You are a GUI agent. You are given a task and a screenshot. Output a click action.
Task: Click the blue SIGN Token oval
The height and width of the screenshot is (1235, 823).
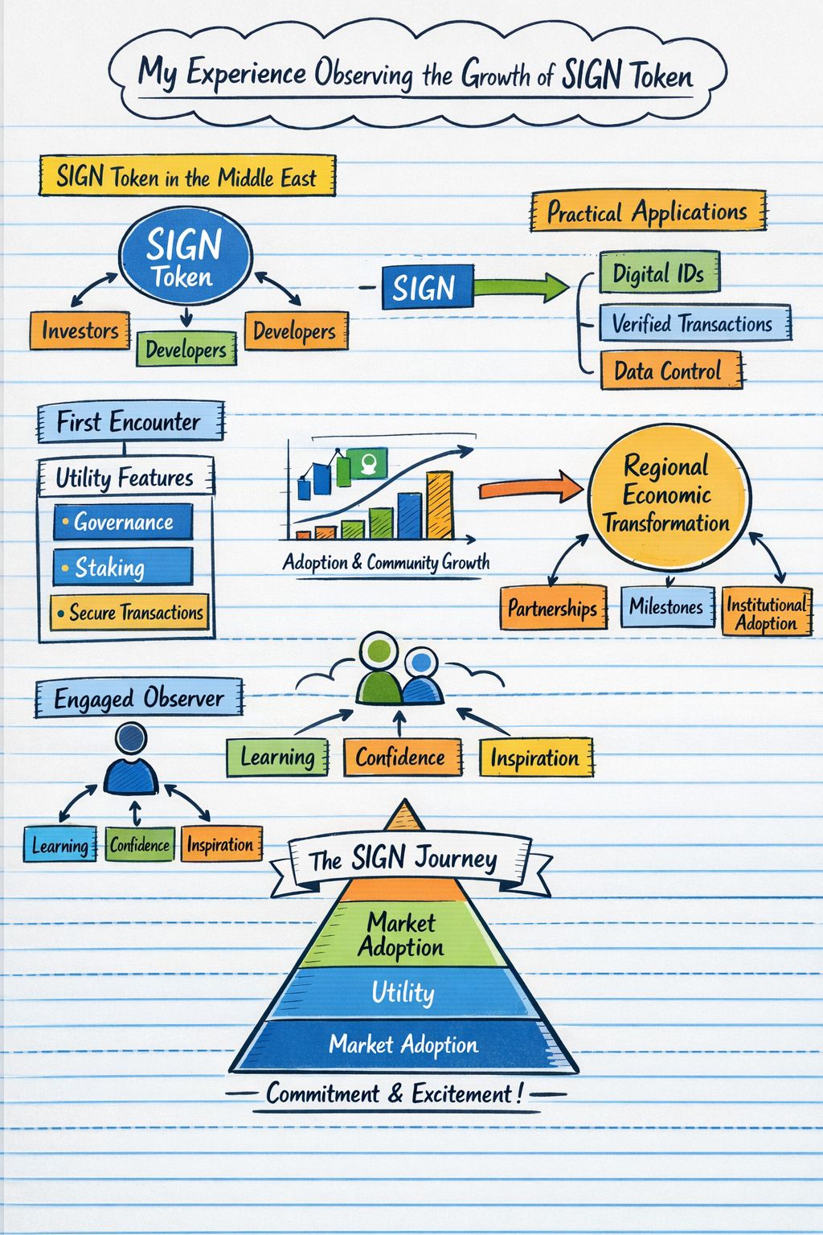coord(185,256)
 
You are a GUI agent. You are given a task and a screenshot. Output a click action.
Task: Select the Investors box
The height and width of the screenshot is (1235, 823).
coord(80,330)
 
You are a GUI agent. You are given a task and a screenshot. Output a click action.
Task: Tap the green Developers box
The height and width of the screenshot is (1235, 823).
coord(186,349)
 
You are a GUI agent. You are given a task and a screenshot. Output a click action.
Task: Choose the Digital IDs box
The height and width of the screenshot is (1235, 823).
coord(659,273)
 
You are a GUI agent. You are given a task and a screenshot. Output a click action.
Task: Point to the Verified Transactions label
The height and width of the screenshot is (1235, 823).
coord(693,323)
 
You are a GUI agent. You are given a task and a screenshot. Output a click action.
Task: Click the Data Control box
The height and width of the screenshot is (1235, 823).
coord(668,371)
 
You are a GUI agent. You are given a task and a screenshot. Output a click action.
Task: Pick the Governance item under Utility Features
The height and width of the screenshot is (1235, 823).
coord(123,522)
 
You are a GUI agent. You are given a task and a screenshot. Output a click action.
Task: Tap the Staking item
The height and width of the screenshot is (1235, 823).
coord(123,568)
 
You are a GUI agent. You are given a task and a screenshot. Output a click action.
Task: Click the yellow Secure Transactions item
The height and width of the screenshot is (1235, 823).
coord(129,612)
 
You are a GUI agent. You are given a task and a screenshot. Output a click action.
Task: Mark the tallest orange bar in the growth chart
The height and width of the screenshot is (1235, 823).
coord(439,505)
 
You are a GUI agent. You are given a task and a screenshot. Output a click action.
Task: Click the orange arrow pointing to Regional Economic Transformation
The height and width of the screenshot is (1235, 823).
coord(530,488)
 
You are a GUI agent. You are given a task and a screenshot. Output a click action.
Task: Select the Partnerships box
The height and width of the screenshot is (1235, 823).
coord(552,608)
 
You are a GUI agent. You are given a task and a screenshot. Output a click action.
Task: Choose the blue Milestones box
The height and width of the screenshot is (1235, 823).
coord(666,606)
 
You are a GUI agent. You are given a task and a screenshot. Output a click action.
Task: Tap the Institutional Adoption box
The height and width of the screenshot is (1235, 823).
coord(766,613)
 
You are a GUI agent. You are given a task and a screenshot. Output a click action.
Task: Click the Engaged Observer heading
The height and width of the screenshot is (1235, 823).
coord(138,698)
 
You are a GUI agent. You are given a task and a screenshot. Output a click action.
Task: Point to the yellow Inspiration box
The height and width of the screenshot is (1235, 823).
coord(535,757)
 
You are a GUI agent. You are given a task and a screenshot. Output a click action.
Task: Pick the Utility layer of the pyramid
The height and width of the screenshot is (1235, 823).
coord(403,992)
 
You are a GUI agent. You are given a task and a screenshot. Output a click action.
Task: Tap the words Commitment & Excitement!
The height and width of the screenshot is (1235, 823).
coord(395,1093)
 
